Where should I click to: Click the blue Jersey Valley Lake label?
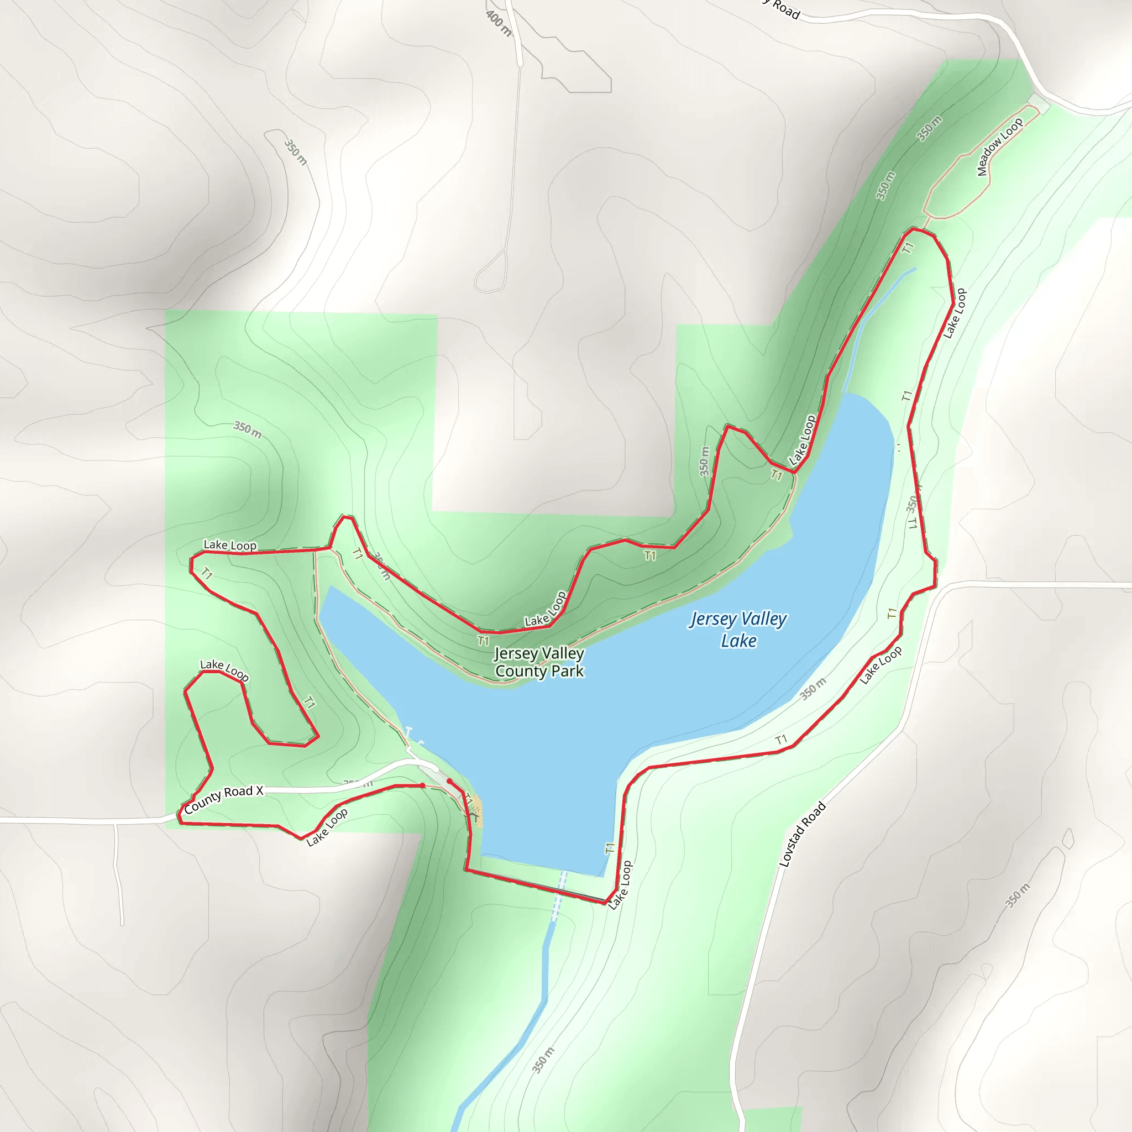pyautogui.click(x=738, y=630)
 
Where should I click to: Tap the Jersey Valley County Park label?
pyautogui.click(x=539, y=662)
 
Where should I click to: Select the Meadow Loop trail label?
pyautogui.click(x=999, y=146)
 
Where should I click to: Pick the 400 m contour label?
pyautogui.click(x=499, y=24)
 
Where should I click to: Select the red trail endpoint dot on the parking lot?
pyautogui.click(x=449, y=781)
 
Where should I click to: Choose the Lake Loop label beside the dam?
pyautogui.click(x=620, y=885)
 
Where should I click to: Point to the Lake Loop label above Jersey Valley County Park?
pyautogui.click(x=546, y=609)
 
